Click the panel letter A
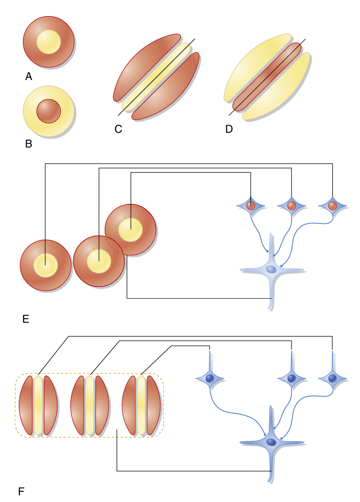[29, 77]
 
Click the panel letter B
[29, 144]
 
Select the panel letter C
[118, 129]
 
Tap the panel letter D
[229, 129]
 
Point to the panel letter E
[25, 319]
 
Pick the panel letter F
[21, 492]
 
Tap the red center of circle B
[48, 111]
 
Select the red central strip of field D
[267, 77]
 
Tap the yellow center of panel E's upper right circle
[131, 229]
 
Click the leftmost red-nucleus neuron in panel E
[251, 206]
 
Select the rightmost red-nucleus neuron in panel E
[333, 206]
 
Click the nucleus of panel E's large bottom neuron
[271, 270]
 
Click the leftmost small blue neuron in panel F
[210, 378]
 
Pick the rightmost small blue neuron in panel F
[333, 378]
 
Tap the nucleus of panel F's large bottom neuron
[271, 442]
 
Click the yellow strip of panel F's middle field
[90, 405]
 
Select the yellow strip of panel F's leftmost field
[38, 405]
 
